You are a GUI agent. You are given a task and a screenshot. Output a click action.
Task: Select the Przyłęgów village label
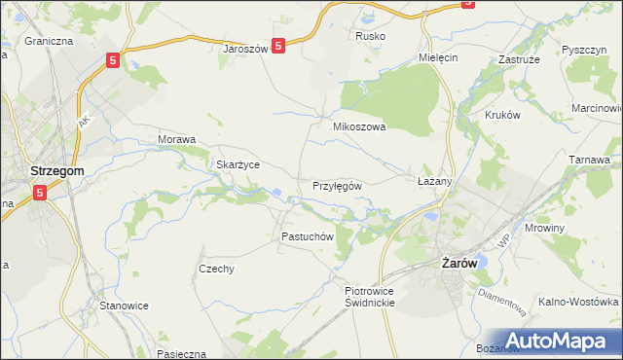(337, 185)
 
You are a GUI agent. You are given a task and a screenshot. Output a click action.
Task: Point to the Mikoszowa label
(360, 126)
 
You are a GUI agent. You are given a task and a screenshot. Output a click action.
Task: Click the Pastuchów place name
(308, 236)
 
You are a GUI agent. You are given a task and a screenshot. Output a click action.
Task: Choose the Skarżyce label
(238, 164)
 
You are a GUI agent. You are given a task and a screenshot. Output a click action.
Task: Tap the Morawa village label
(177, 139)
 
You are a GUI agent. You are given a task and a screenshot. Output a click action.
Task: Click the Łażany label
(435, 182)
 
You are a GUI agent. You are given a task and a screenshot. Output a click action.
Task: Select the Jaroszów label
(245, 48)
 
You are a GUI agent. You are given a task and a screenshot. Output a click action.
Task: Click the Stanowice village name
(125, 306)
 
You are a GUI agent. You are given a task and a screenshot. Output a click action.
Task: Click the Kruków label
(503, 114)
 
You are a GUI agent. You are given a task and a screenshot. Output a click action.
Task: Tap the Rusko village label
(370, 36)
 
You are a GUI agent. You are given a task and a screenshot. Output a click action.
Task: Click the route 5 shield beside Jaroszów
(278, 45)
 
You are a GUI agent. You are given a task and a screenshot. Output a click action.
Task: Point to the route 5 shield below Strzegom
(40, 193)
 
